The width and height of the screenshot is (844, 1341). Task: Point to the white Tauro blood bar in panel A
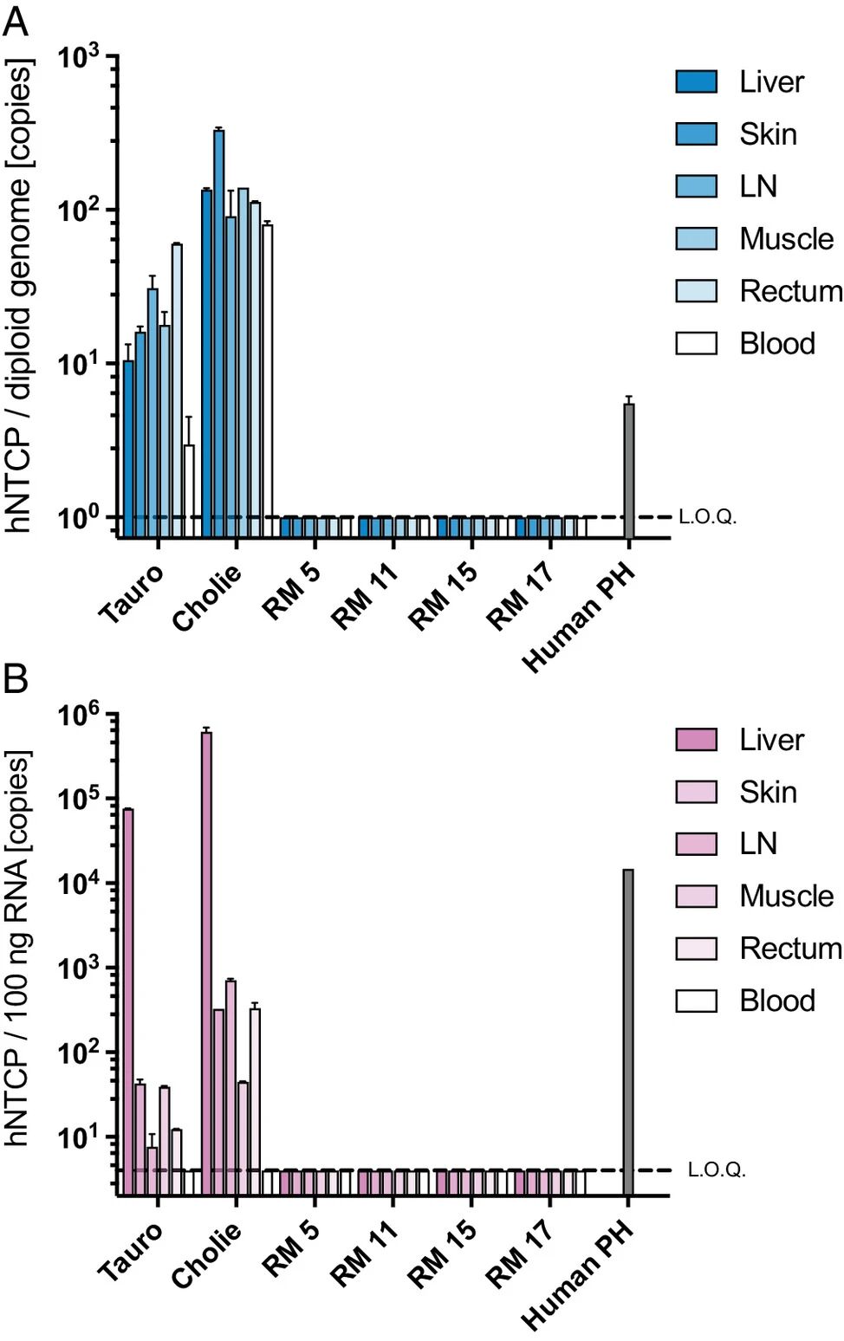[189, 490]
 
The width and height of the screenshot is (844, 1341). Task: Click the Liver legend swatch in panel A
[696, 82]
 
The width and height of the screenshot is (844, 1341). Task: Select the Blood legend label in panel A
[776, 344]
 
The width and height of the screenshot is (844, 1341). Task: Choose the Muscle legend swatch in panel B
[696, 897]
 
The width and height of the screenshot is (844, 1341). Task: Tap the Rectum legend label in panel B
[790, 949]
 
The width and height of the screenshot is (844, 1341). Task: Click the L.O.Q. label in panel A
[707, 517]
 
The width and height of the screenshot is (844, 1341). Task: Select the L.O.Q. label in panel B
[717, 1170]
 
